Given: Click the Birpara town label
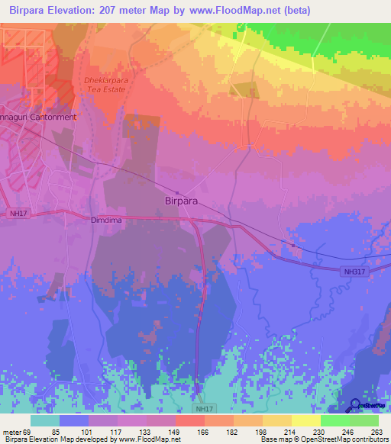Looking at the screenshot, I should pyautogui.click(x=184, y=202).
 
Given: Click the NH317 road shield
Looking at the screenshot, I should pyautogui.click(x=354, y=271).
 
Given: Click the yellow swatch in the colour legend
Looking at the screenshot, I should pyautogui.click(x=305, y=420).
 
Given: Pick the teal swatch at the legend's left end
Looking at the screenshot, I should pyautogui.click(x=44, y=420).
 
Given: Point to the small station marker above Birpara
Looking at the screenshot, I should pyautogui.click(x=177, y=192).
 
